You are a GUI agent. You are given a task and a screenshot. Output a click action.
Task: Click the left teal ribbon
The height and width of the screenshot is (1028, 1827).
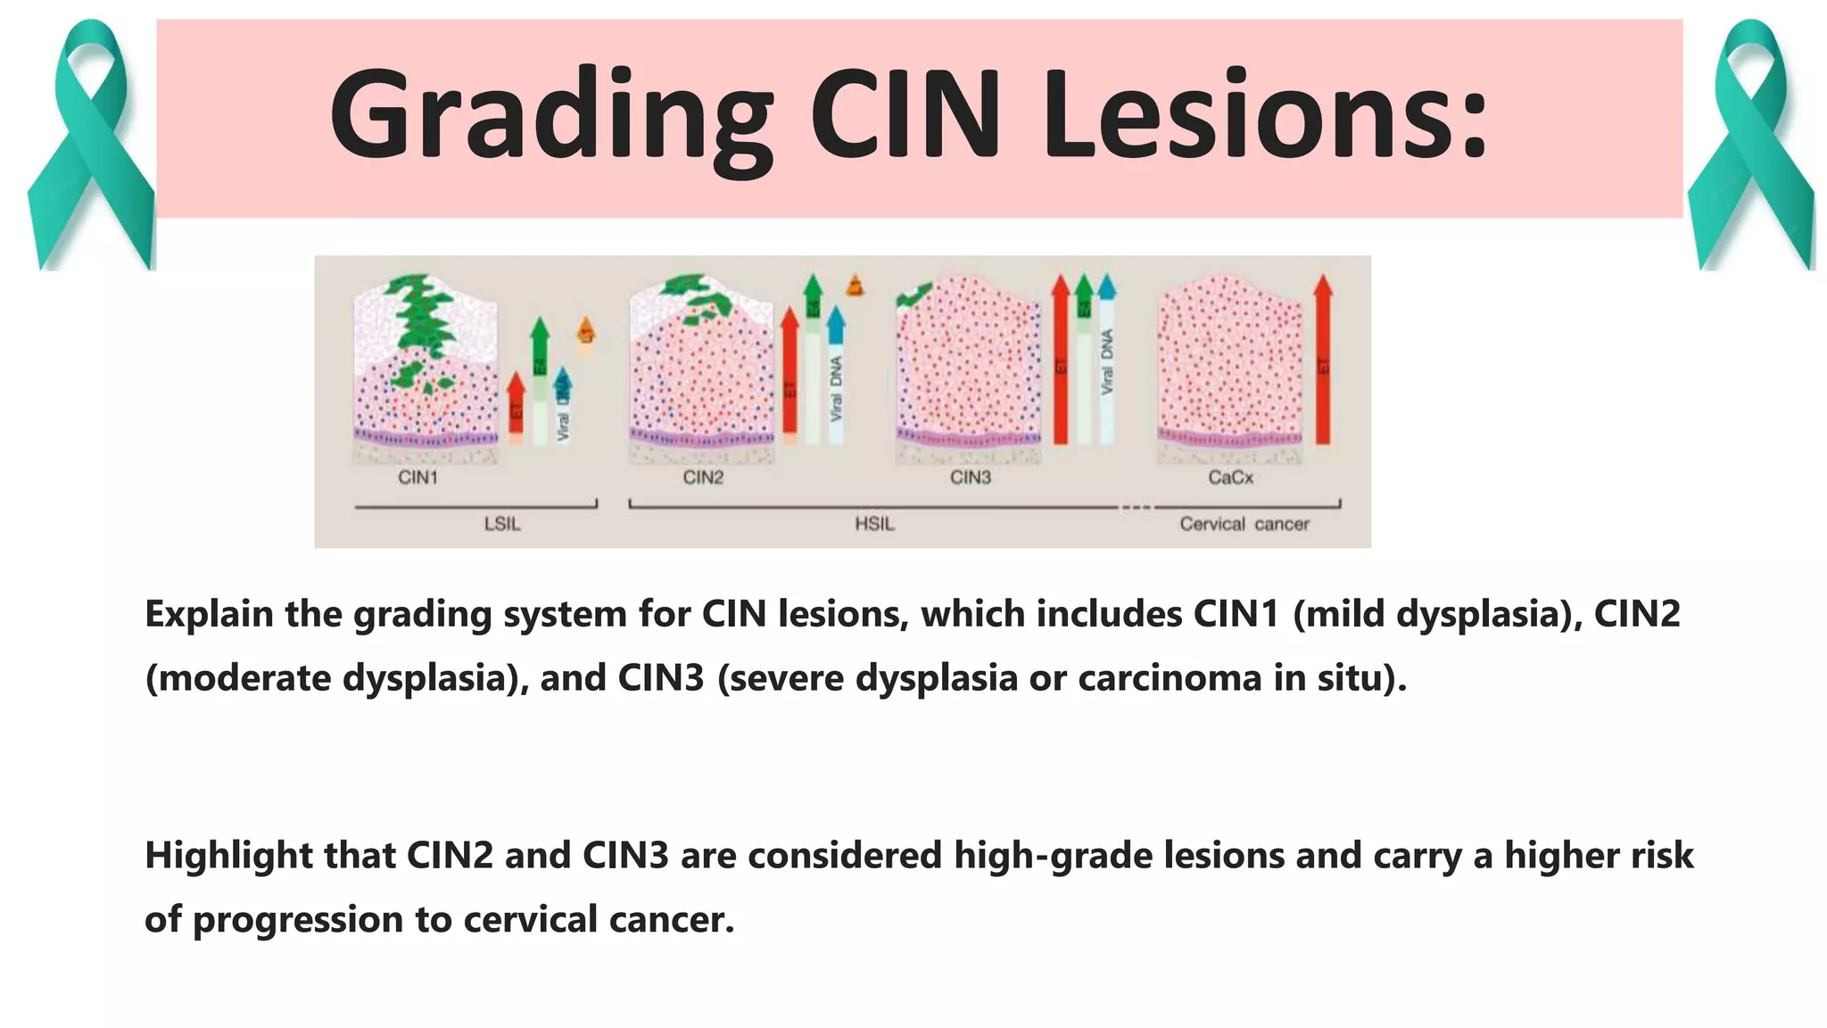click(89, 147)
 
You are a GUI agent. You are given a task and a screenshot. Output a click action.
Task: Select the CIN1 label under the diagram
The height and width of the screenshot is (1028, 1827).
click(417, 478)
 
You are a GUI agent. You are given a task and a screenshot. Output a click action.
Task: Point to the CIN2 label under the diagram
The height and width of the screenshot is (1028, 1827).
click(703, 478)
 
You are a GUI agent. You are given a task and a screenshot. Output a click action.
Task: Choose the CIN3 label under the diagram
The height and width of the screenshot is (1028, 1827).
click(971, 478)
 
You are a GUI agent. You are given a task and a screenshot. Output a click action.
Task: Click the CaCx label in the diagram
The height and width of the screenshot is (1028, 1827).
click(1230, 478)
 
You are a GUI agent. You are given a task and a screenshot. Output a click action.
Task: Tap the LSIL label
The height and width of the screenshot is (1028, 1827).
click(502, 525)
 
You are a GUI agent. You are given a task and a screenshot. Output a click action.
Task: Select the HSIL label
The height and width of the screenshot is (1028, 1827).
click(874, 525)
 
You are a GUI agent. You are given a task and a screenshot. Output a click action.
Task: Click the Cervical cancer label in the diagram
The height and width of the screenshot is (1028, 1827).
click(1244, 525)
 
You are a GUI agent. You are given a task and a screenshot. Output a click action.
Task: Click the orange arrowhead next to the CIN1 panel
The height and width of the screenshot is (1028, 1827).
click(586, 330)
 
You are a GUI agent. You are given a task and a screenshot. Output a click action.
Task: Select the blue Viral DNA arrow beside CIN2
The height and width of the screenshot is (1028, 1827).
click(836, 375)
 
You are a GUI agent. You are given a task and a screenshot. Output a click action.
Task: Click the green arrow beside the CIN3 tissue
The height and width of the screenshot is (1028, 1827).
click(1083, 357)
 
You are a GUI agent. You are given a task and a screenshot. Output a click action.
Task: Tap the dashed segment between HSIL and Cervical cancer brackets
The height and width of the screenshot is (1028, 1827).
click(1136, 507)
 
